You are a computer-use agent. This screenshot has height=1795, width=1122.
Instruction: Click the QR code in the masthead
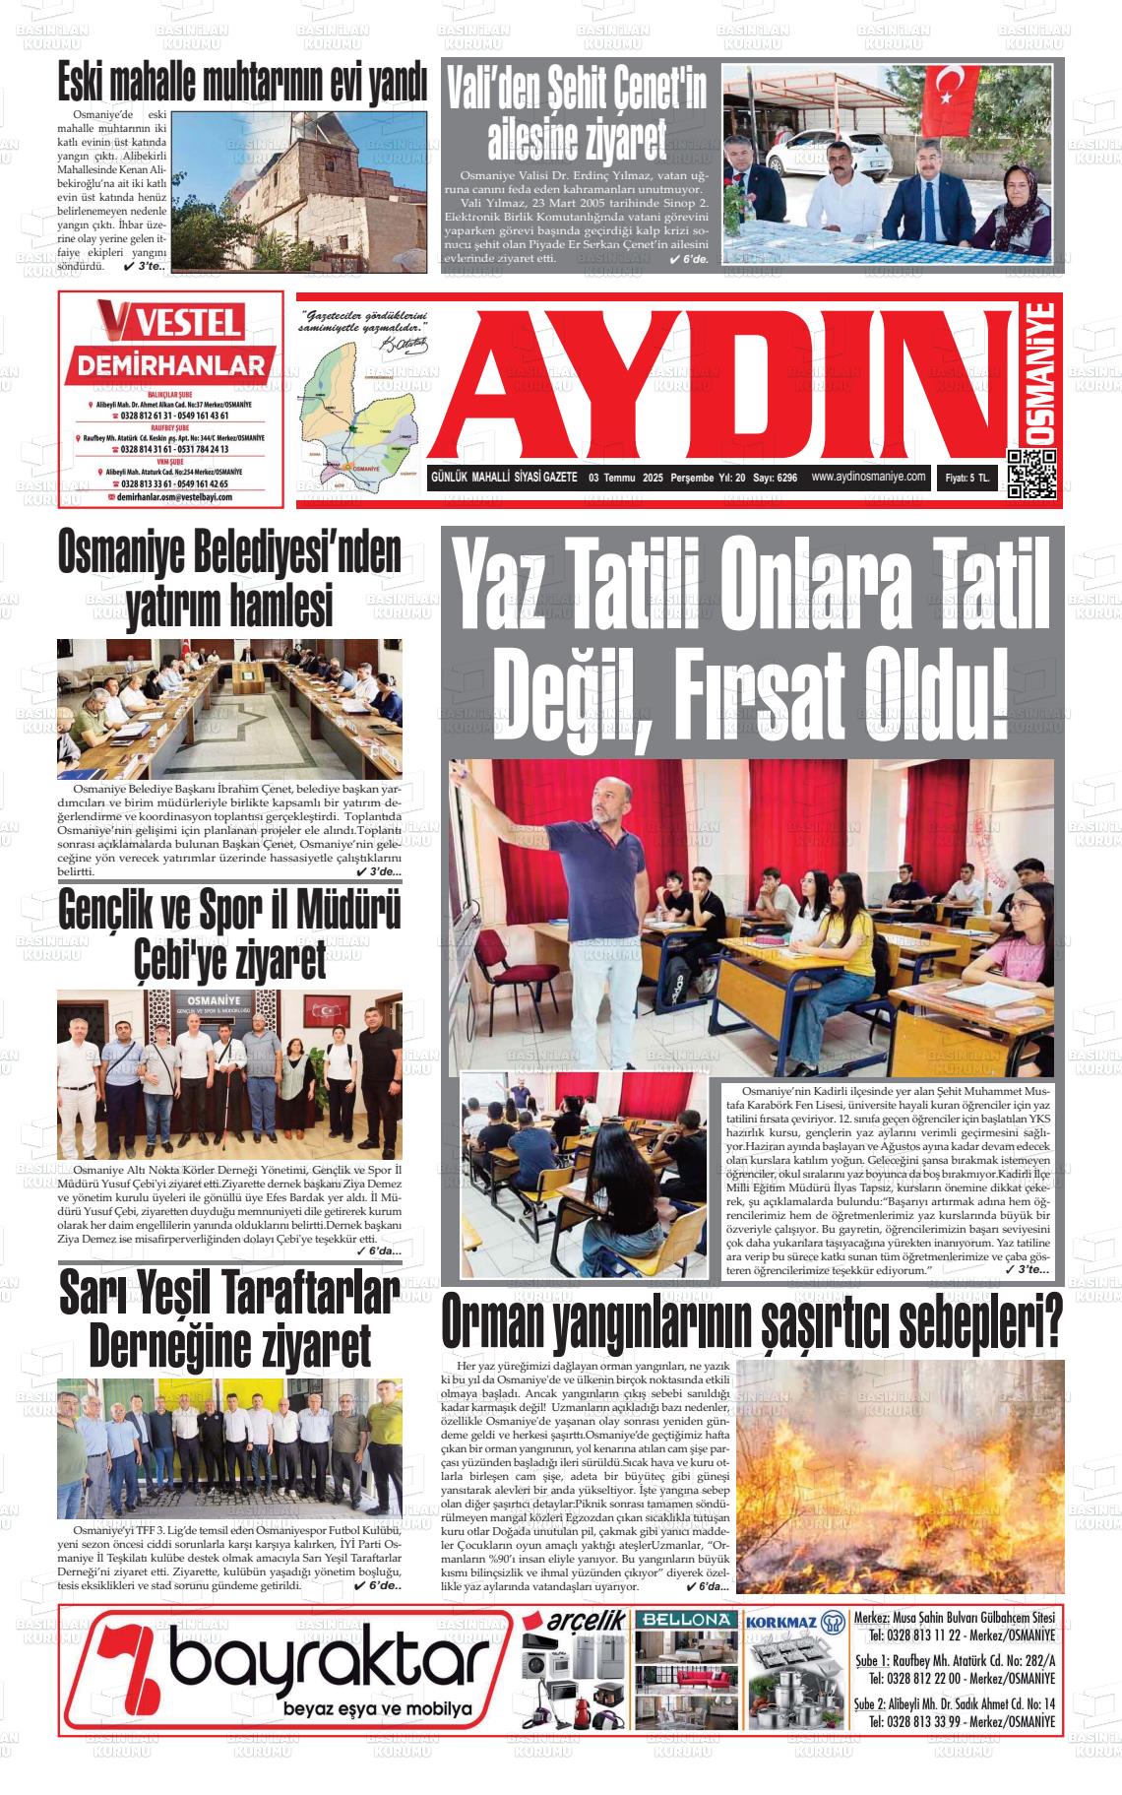pos(1031,475)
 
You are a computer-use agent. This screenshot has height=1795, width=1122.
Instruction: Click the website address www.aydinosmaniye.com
pos(869,478)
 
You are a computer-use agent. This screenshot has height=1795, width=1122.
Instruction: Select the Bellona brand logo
pos(685,1621)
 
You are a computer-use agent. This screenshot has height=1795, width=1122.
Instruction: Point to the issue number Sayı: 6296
pos(775,479)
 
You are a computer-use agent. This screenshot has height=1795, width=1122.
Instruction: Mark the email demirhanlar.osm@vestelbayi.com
pos(173,498)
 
